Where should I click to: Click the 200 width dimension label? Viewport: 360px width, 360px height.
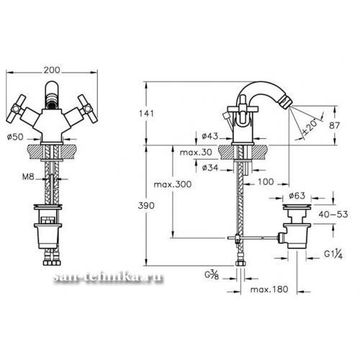[x=52, y=70]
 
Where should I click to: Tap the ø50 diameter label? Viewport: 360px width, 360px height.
[x=15, y=137]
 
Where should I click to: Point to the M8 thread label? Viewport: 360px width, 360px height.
[x=28, y=177]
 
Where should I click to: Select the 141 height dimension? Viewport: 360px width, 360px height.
[x=146, y=113]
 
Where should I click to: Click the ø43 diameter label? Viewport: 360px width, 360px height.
[x=210, y=136]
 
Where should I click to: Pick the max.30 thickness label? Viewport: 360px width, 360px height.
[x=196, y=152]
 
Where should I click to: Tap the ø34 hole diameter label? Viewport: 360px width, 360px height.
[x=210, y=168]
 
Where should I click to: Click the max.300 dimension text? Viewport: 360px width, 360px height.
[x=173, y=184]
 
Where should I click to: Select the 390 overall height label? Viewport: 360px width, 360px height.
[x=146, y=206]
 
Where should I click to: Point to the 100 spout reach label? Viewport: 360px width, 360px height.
[x=266, y=181]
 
